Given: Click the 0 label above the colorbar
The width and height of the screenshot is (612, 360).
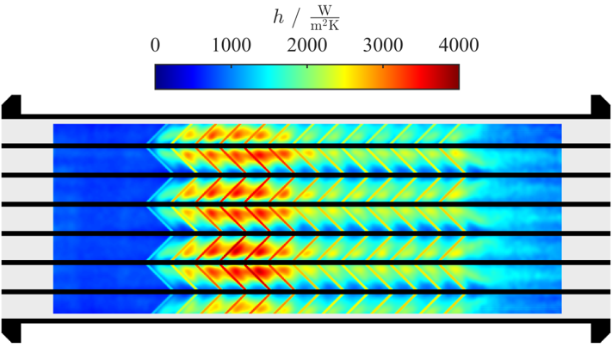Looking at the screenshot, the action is coord(155,46).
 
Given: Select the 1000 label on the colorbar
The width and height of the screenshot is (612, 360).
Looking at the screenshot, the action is coord(231,46).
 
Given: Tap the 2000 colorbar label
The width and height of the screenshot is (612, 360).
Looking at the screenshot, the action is coord(306,46).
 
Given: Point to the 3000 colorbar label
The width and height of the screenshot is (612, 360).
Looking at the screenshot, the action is coord(383,46).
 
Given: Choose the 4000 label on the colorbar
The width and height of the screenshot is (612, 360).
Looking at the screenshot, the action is coord(459,46).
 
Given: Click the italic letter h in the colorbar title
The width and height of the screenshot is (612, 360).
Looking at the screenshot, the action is coord(278,17).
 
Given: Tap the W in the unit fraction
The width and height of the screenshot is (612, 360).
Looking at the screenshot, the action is coord(325,11).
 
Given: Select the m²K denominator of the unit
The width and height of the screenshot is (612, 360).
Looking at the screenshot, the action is coord(325,25).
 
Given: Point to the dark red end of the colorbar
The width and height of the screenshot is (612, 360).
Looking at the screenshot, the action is coord(453,77).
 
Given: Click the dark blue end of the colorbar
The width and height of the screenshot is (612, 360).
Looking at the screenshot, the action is coord(162,77).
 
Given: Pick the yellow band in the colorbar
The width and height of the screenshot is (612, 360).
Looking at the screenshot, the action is coord(344,77).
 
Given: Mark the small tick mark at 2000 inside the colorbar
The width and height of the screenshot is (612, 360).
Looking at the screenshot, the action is coord(307,66).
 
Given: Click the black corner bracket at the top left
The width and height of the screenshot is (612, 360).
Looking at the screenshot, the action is coord(11,106).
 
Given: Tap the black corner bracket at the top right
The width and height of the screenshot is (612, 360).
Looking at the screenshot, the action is coord(601,106).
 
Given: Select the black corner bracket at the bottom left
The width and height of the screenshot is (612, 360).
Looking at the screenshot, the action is coord(11,331).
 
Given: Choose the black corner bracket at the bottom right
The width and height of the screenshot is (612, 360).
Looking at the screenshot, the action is coord(601,331).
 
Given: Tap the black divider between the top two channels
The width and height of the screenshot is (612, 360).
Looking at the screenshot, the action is coord(306,146).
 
